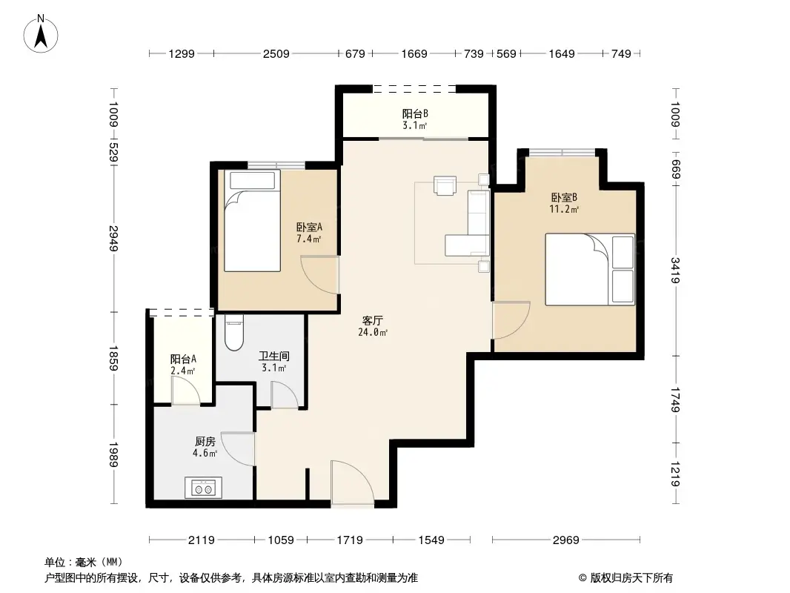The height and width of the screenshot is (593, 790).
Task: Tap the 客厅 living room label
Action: coord(373,326)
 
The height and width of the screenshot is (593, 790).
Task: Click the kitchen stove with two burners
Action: coord(203,488)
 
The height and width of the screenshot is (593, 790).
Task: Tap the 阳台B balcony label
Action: coord(415,119)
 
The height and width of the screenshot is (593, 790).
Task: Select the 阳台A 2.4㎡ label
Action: coord(183,364)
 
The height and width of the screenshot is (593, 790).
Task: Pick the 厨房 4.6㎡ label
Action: coord(205,447)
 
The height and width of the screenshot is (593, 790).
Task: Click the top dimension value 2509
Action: coord(275,53)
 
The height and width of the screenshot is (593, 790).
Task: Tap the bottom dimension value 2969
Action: coord(565,540)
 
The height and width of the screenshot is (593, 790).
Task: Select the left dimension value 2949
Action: coord(113,237)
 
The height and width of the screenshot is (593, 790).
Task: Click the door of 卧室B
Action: coord(511,319)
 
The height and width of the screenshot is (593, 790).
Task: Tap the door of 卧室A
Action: coord(321,274)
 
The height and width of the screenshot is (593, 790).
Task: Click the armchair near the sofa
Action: coord(445,185)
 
